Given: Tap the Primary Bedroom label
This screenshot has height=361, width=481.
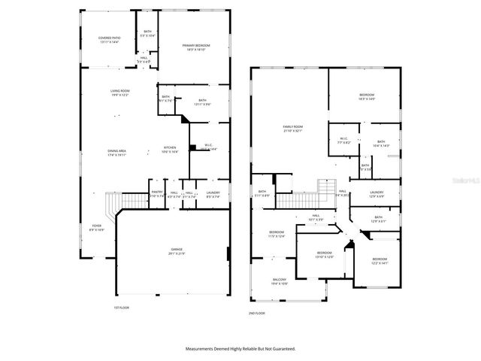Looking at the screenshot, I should [x=196, y=47].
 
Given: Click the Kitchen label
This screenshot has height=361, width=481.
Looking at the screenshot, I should [x=171, y=147].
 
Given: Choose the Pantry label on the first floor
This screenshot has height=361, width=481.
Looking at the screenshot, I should [x=156, y=193].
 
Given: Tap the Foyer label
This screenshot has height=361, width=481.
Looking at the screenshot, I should [x=97, y=226].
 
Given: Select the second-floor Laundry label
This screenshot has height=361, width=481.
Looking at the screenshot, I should [x=377, y=193].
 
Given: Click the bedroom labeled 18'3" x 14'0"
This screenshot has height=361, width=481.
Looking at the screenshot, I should [x=367, y=95].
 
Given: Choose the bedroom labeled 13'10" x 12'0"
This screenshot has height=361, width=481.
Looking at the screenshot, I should [x=324, y=253].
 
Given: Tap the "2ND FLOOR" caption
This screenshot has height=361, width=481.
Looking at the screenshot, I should [x=257, y=313].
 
